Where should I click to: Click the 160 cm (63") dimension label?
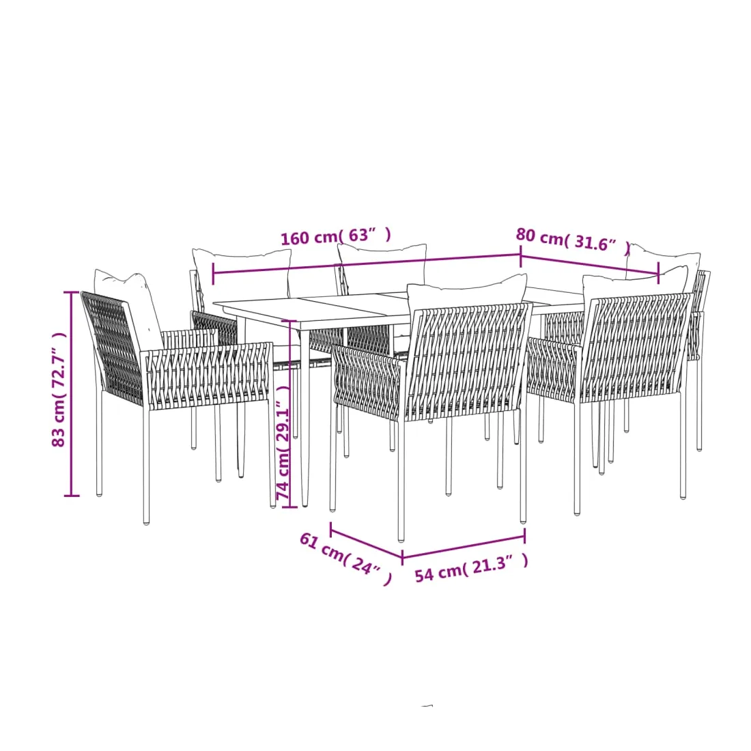click(336, 236)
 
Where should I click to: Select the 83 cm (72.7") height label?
click(59, 389)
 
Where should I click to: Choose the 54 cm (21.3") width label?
click(471, 567)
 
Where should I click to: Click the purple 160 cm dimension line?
click(367, 264)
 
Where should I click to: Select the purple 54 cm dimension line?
click(464, 547)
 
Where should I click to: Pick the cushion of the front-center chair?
click(466, 292)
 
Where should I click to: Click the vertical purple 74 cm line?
click(290, 413)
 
